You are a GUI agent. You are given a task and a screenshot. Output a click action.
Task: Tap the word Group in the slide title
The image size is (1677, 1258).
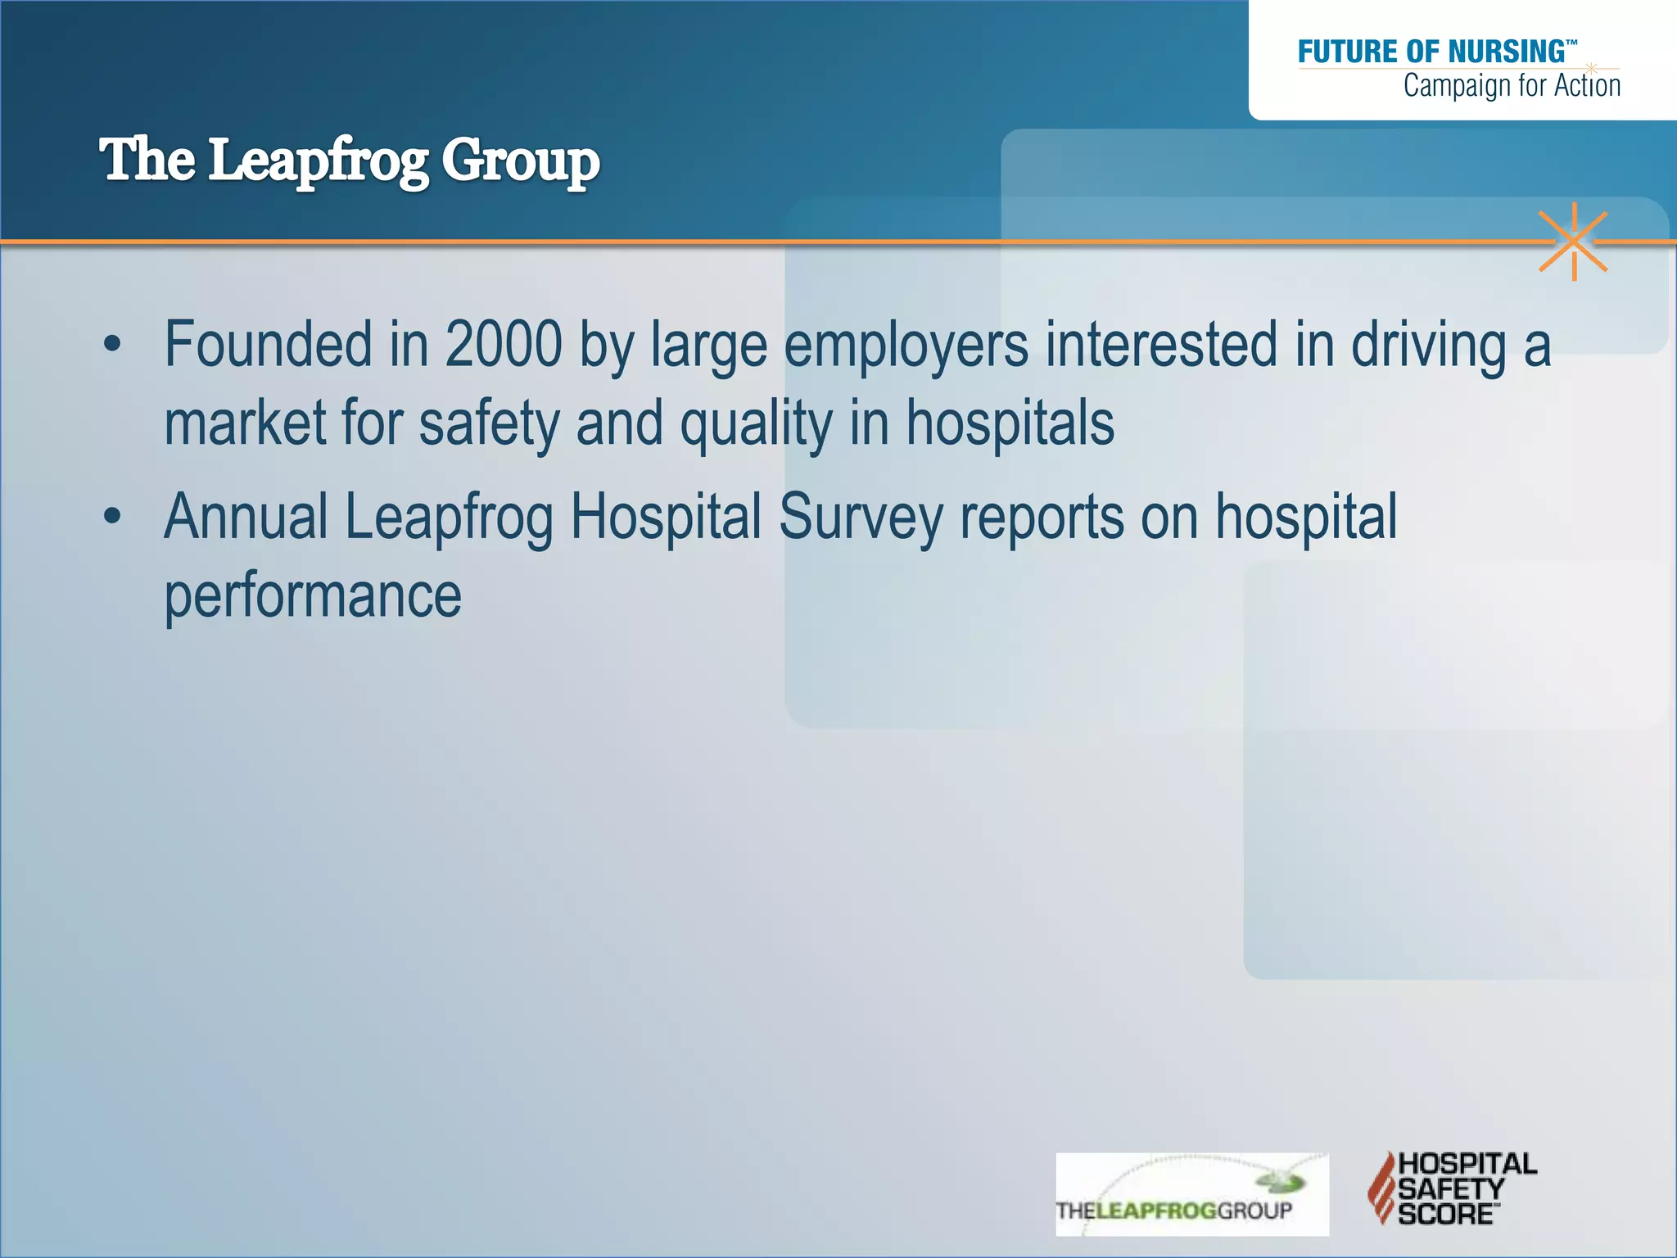pyautogui.click(x=521, y=161)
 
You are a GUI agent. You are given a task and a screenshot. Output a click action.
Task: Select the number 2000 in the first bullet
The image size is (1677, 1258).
pyautogui.click(x=504, y=344)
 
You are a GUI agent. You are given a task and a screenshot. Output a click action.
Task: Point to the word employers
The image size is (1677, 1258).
pyautogui.click(x=906, y=346)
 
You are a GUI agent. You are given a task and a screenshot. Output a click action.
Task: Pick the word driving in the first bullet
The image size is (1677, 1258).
pyautogui.click(x=1428, y=346)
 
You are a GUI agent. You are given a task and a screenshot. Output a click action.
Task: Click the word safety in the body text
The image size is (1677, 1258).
pyautogui.click(x=489, y=424)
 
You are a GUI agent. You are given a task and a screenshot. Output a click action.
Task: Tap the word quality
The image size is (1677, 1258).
pyautogui.click(x=756, y=424)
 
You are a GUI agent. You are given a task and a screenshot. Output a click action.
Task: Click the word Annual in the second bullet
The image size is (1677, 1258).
pyautogui.click(x=246, y=517)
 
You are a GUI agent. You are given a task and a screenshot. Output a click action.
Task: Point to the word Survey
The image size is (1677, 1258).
pyautogui.click(x=861, y=518)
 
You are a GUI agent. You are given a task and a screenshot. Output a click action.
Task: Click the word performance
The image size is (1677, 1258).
pyautogui.click(x=313, y=595)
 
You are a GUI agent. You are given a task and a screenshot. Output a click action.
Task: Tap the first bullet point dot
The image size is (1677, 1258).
pyautogui.click(x=112, y=344)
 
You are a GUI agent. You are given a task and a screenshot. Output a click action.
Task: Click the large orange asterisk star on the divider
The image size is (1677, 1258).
pyautogui.click(x=1573, y=242)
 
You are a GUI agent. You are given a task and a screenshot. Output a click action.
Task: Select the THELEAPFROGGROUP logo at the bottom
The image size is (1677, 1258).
pyautogui.click(x=1191, y=1194)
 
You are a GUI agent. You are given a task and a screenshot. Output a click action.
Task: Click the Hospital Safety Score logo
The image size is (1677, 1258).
pyautogui.click(x=1452, y=1188)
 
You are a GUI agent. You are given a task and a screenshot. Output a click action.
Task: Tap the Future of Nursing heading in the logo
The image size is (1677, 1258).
pyautogui.click(x=1432, y=52)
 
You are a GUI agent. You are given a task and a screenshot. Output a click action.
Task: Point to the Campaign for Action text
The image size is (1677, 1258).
pyautogui.click(x=1512, y=86)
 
